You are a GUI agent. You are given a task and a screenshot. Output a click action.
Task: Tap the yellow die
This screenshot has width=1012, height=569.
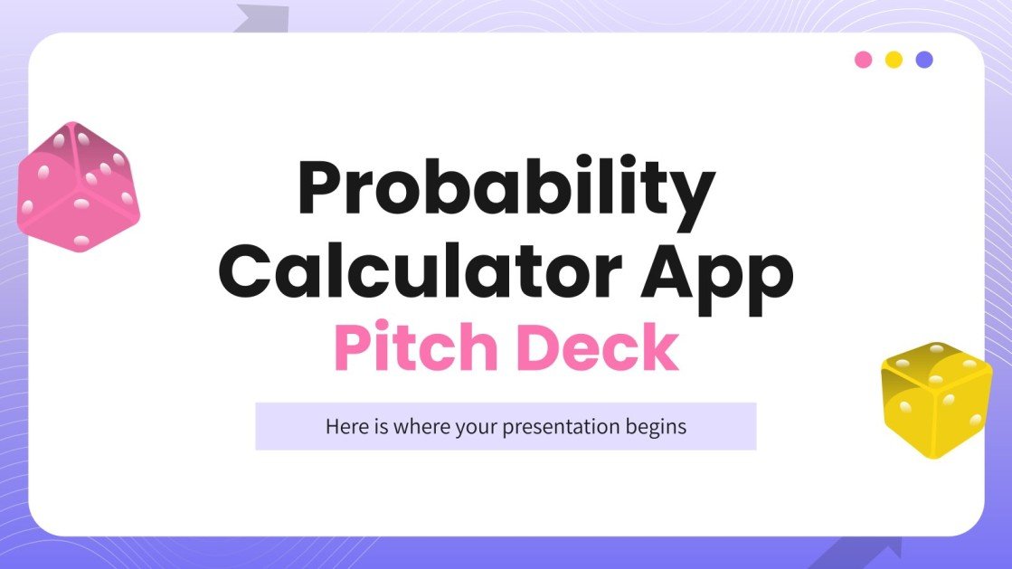pos(935,399)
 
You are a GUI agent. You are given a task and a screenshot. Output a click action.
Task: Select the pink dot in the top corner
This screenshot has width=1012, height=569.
pos(864,60)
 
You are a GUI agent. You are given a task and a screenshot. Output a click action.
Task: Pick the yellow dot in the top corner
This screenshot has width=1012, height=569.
pos(894,60)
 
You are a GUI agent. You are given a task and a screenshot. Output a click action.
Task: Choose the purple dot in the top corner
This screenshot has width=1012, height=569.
pos(924,60)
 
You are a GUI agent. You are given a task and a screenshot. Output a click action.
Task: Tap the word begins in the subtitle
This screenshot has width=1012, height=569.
pos(656,427)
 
